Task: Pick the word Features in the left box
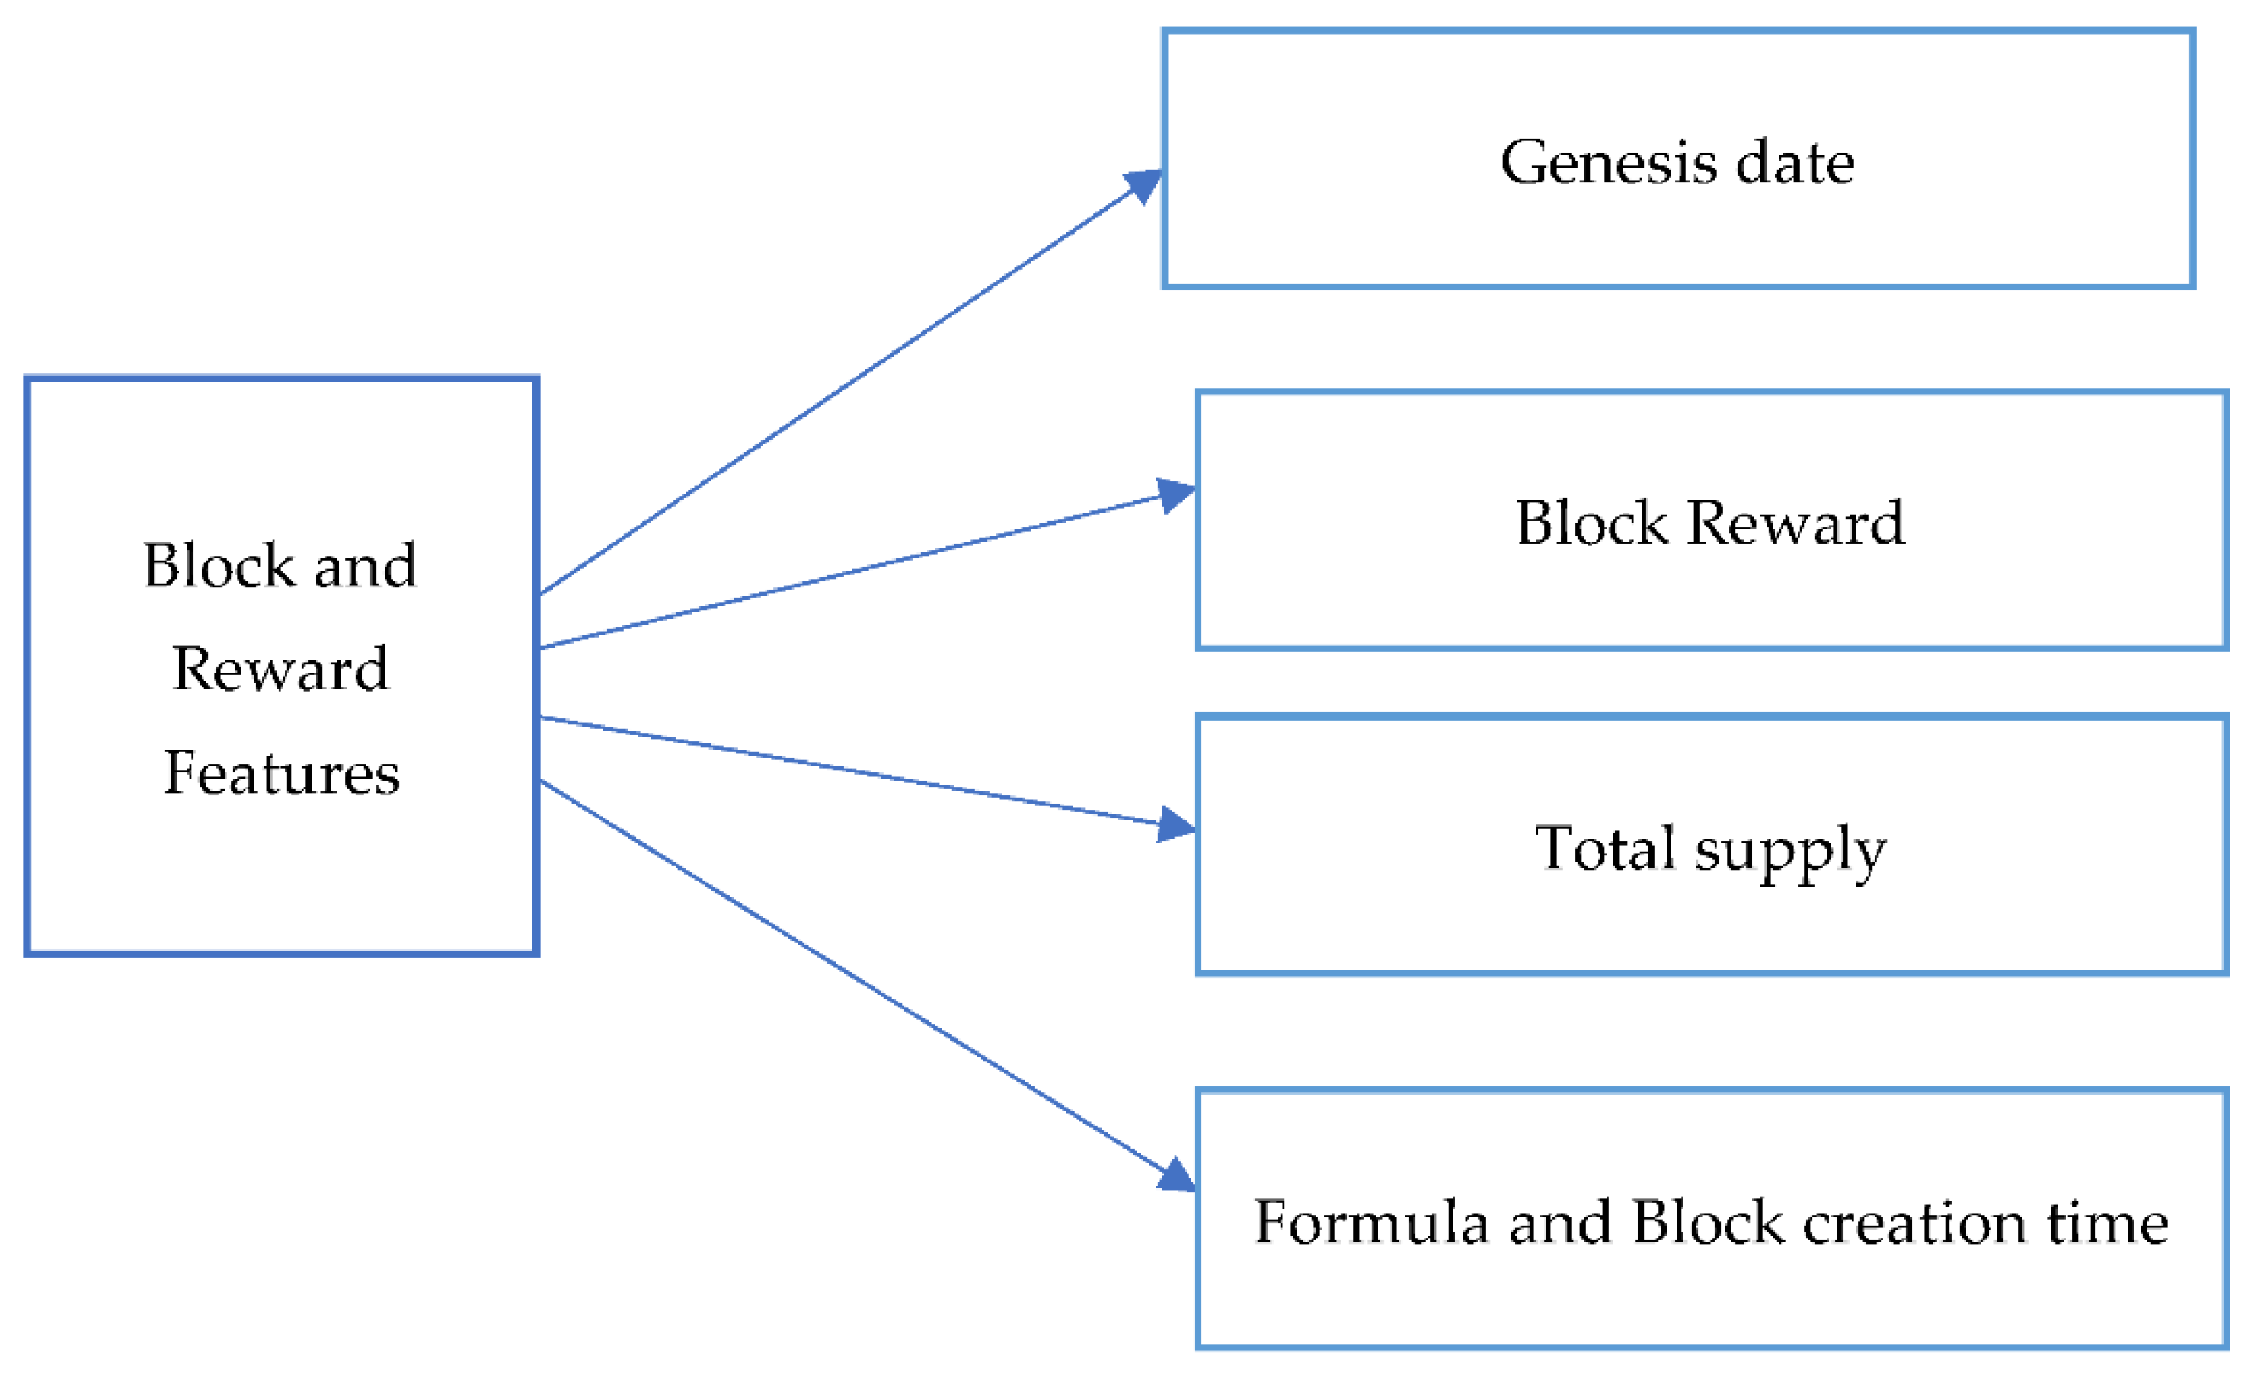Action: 281,773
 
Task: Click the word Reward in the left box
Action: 280,669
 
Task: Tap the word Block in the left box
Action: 219,565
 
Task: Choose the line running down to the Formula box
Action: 849,976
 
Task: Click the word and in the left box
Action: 366,565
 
